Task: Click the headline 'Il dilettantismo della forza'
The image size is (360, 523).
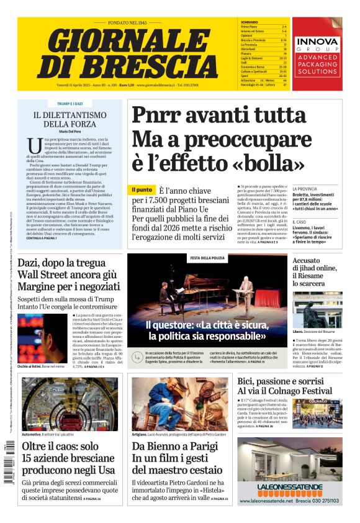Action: click(70, 119)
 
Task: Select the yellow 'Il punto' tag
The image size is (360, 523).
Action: click(142, 189)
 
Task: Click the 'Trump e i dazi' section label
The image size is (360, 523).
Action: click(70, 104)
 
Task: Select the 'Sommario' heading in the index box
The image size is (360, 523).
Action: click(250, 22)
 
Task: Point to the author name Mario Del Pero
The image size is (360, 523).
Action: click(70, 132)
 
